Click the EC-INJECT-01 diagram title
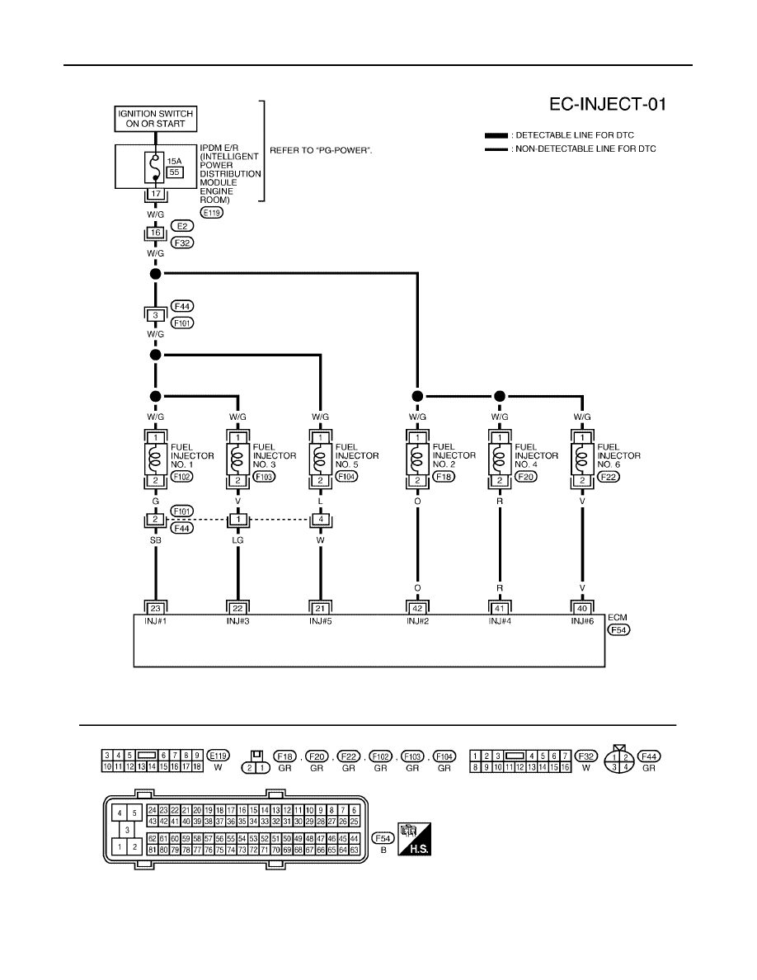(x=608, y=104)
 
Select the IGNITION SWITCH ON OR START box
(x=156, y=119)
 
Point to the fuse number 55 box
(x=174, y=172)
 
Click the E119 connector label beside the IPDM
(x=213, y=213)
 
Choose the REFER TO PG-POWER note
(x=321, y=151)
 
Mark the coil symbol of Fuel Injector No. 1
(x=156, y=459)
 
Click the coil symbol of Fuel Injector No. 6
(x=582, y=459)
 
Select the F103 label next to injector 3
(x=264, y=476)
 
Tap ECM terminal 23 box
(x=156, y=608)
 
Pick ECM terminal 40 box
(x=582, y=608)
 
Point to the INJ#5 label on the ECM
(x=321, y=621)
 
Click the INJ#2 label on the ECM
(x=418, y=621)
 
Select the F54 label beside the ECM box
(x=618, y=630)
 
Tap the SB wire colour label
(x=156, y=540)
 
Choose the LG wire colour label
(x=238, y=540)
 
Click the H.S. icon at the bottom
(x=414, y=839)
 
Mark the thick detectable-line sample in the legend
(x=496, y=135)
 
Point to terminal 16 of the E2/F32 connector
(x=156, y=233)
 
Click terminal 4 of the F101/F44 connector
(x=321, y=520)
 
